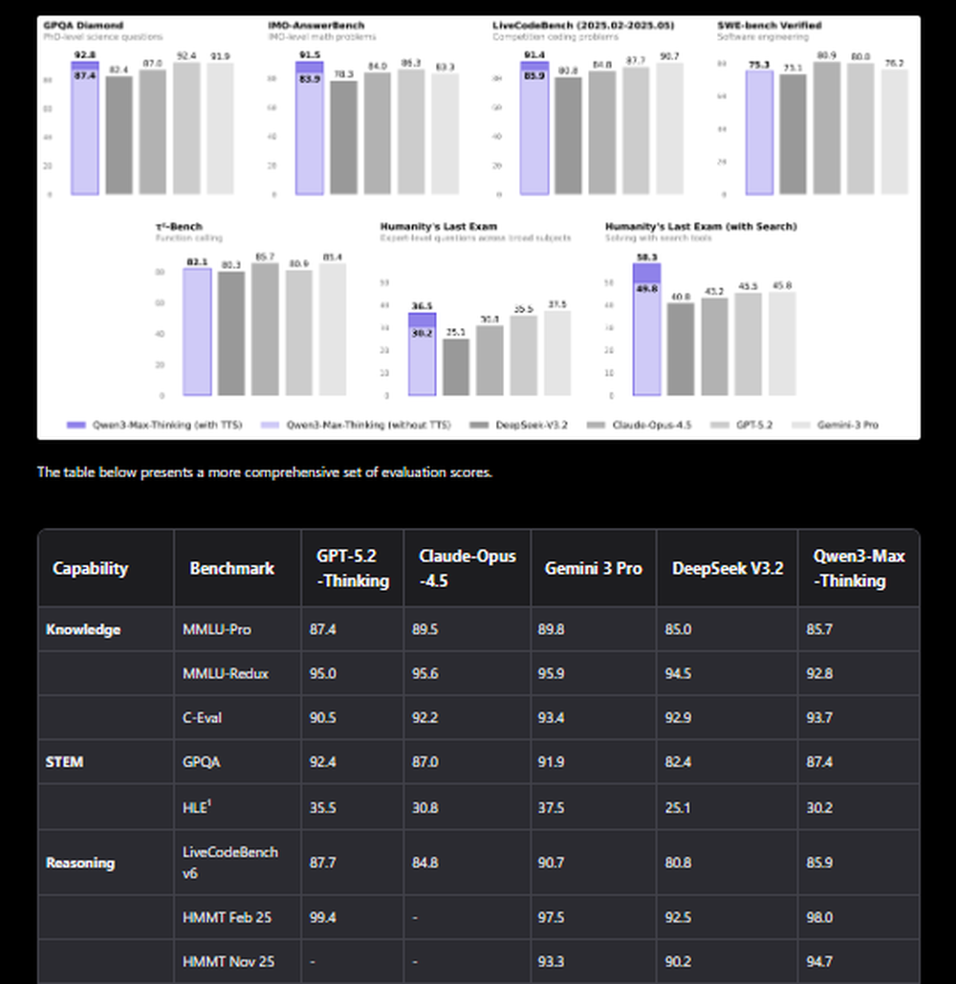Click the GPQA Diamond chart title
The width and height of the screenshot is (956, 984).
tap(71, 25)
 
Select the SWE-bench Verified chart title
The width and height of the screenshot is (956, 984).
tap(769, 25)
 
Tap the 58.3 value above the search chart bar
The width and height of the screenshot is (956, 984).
tap(645, 257)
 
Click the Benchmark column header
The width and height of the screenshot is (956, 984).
tap(231, 568)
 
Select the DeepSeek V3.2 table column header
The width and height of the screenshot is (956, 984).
tap(727, 568)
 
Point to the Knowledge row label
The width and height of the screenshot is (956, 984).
tap(84, 629)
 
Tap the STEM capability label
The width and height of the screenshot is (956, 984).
tap(65, 762)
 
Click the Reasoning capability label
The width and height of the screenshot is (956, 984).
tap(80, 863)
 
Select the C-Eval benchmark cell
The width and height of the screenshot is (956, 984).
tap(202, 717)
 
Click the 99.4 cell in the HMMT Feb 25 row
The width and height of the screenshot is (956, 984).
tap(331, 917)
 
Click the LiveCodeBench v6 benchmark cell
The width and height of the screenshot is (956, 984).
tap(230, 863)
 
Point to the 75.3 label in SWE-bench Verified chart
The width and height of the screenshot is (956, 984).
tap(759, 65)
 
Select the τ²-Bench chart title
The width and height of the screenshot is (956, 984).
tap(179, 227)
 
